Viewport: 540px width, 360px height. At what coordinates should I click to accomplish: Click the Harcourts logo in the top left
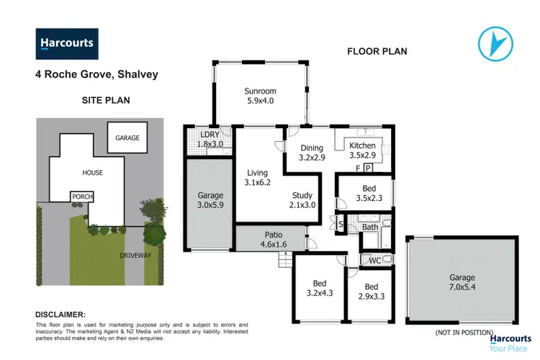(x=66, y=43)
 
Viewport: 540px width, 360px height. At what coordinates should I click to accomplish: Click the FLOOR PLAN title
(x=377, y=51)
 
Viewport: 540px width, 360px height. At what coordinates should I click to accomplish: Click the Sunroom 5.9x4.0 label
(x=261, y=96)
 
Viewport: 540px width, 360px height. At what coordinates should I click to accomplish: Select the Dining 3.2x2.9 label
(x=312, y=153)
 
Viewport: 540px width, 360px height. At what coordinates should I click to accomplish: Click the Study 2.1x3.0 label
(x=302, y=200)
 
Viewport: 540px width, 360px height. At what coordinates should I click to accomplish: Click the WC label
(x=374, y=260)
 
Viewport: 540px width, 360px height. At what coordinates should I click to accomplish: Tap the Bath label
(x=370, y=228)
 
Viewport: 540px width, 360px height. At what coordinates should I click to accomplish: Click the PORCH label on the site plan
(x=81, y=197)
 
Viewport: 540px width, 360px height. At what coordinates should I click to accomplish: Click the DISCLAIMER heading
(x=60, y=315)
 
